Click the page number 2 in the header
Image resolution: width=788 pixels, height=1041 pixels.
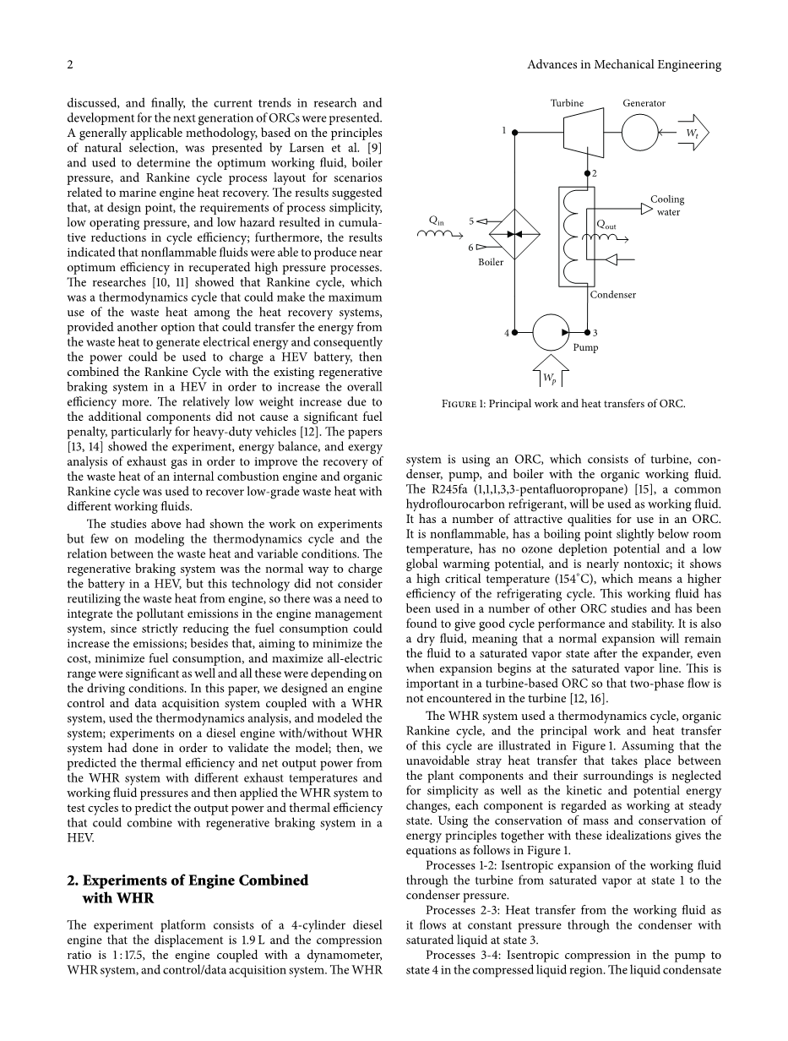70,65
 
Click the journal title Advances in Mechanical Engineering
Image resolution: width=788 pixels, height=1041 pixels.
623,65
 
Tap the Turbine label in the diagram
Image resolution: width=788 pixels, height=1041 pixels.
567,103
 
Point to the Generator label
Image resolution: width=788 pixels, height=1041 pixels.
644,103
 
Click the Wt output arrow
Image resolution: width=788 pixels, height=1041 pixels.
693,133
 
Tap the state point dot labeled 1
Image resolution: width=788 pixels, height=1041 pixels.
515,132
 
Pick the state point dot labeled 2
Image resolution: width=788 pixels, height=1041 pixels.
588,172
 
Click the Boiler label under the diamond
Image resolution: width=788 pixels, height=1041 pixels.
491,262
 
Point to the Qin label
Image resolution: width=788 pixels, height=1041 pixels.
437,221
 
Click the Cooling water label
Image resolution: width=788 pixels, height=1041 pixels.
667,205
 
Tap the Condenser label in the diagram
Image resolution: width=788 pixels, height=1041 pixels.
612,295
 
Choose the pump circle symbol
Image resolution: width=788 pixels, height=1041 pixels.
551,332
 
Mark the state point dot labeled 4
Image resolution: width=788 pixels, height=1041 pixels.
515,333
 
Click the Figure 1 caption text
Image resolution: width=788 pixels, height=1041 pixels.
563,404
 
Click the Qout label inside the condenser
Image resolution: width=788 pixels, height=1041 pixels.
606,225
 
